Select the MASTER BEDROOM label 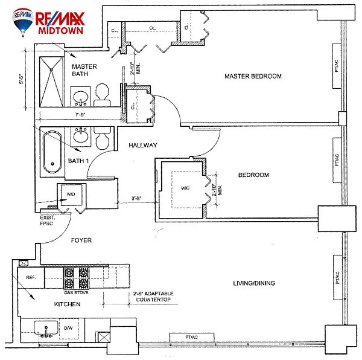[253, 76]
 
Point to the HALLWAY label [142, 145]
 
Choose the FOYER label [81, 240]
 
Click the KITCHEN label [66, 304]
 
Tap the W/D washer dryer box [71, 194]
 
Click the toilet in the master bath [102, 92]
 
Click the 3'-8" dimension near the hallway [138, 197]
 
